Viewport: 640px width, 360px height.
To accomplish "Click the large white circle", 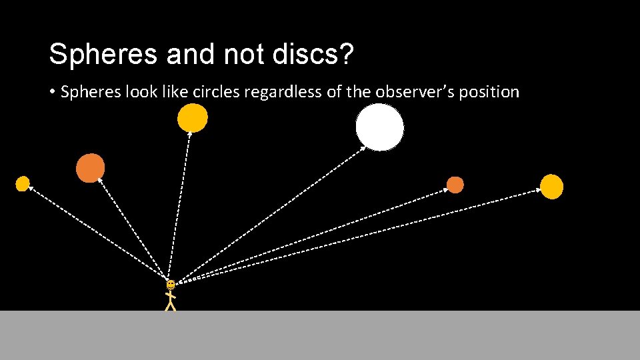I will (379, 127).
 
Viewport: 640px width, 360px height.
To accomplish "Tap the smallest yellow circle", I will (23, 183).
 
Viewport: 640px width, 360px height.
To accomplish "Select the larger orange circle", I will (90, 168).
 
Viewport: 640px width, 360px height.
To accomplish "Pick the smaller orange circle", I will (455, 185).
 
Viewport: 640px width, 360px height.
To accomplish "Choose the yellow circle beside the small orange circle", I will (551, 187).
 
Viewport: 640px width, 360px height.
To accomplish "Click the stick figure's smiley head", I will (171, 285).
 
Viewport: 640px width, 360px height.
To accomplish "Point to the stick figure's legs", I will (171, 305).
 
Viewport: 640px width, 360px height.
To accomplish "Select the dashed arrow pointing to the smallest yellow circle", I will (97, 233).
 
